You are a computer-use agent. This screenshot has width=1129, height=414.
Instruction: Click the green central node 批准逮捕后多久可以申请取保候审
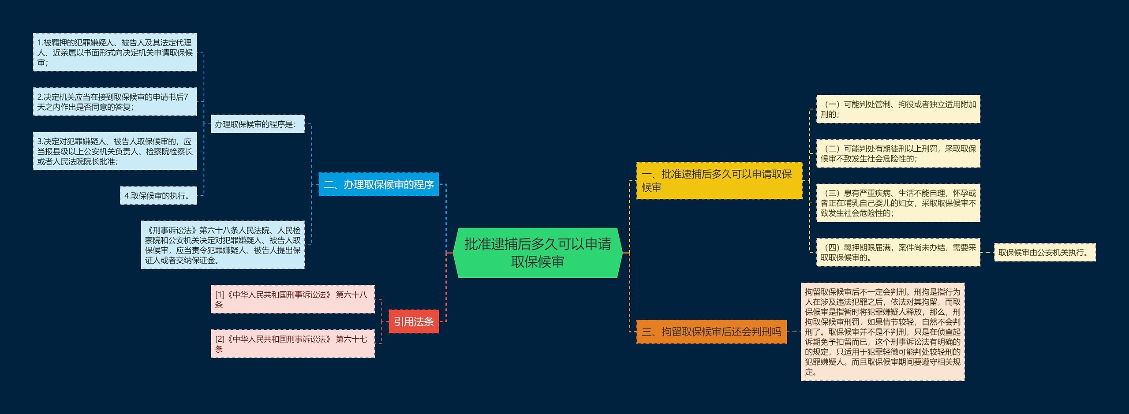(538, 253)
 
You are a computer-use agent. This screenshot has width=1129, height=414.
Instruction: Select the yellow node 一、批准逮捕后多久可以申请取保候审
(719, 181)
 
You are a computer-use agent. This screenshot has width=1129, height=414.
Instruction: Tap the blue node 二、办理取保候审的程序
(378, 184)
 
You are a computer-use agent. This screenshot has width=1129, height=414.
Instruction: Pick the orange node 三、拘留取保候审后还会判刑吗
(711, 332)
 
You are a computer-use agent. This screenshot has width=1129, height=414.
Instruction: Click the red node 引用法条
(414, 322)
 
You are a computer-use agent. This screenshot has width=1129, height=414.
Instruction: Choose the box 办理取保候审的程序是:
(258, 124)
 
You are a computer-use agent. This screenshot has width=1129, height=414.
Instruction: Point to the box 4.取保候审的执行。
(158, 196)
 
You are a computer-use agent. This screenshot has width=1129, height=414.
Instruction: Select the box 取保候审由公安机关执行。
(1044, 253)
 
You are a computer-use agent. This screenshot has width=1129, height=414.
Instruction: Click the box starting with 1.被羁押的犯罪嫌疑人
(115, 52)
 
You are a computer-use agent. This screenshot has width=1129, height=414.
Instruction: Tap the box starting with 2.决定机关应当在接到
(115, 102)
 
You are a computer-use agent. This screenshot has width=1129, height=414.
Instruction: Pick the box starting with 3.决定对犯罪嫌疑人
(115, 151)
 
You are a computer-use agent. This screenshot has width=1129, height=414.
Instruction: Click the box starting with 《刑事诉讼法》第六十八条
(223, 245)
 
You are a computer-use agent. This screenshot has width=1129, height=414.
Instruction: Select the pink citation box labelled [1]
(292, 299)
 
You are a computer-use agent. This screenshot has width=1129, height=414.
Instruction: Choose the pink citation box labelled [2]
(292, 344)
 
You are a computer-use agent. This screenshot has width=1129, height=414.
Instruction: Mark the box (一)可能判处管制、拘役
(898, 109)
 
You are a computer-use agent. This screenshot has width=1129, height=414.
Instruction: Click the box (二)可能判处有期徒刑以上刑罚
(898, 154)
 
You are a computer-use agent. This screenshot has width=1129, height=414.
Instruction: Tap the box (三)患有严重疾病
(898, 203)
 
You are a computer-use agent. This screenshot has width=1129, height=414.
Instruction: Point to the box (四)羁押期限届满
(898, 253)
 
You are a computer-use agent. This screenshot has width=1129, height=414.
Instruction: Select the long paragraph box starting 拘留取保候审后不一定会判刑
(882, 332)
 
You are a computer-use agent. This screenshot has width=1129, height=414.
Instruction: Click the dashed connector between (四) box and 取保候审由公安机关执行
(987, 253)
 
